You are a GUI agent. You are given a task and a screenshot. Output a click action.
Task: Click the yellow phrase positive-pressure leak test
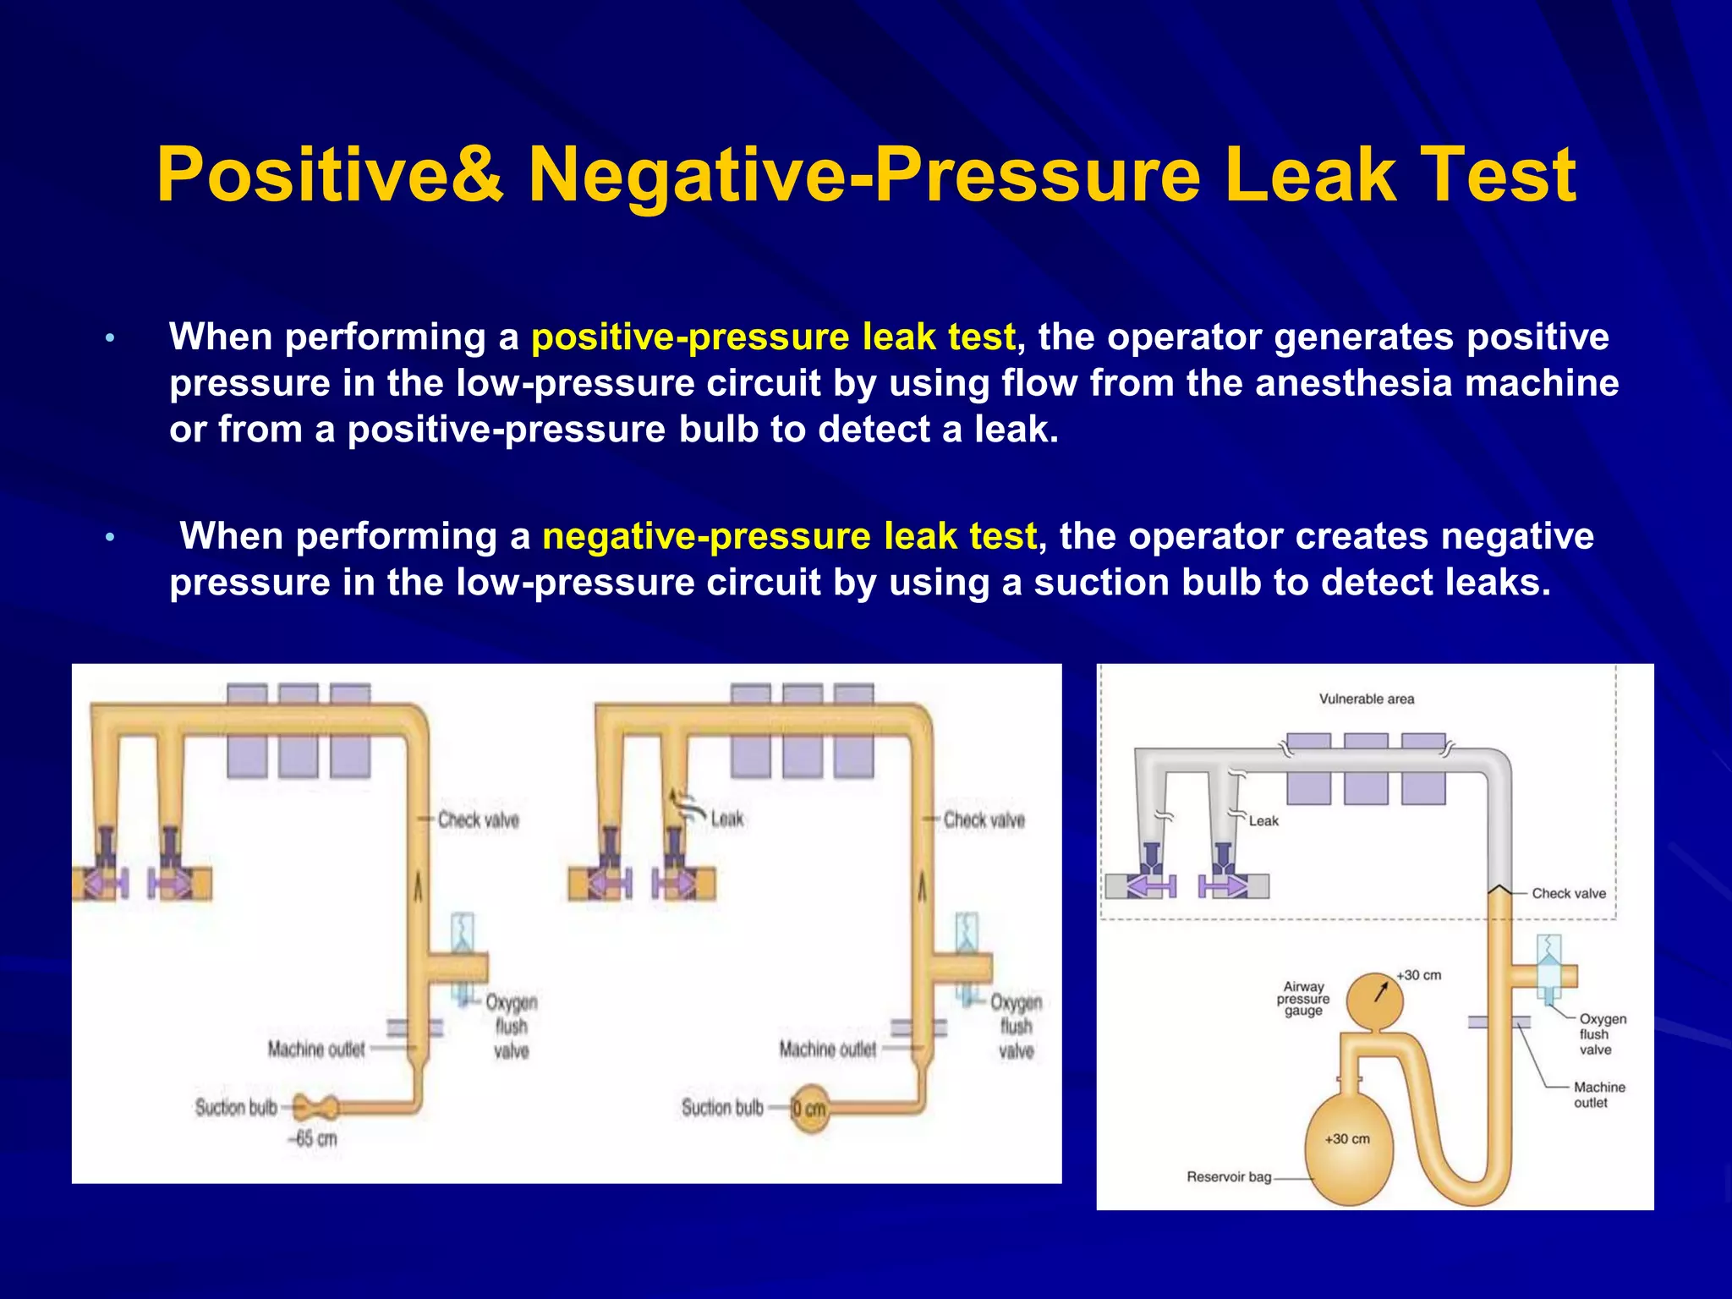tap(773, 337)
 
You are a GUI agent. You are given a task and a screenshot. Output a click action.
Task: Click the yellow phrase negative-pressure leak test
tap(789, 536)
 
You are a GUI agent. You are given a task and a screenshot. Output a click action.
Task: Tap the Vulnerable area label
tap(1366, 699)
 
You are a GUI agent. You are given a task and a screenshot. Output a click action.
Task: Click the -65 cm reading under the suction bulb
tap(313, 1138)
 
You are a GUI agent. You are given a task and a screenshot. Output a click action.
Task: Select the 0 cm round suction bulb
tap(809, 1108)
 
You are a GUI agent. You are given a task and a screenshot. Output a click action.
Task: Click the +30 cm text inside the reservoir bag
tap(1347, 1138)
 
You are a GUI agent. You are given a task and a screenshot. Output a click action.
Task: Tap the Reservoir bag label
tap(1228, 1176)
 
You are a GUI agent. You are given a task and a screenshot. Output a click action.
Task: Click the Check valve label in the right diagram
tap(1568, 893)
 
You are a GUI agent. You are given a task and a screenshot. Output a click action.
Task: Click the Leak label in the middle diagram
tap(726, 819)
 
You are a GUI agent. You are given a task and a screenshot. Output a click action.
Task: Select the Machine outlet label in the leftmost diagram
tap(316, 1050)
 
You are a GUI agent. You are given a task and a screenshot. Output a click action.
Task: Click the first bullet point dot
tap(109, 339)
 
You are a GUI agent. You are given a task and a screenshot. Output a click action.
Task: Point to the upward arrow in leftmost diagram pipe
tap(418, 888)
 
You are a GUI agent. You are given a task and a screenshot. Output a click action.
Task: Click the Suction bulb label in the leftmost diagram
tap(236, 1108)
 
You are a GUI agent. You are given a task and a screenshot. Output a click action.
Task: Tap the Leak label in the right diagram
tap(1263, 820)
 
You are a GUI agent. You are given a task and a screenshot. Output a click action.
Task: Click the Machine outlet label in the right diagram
tap(1598, 1094)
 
